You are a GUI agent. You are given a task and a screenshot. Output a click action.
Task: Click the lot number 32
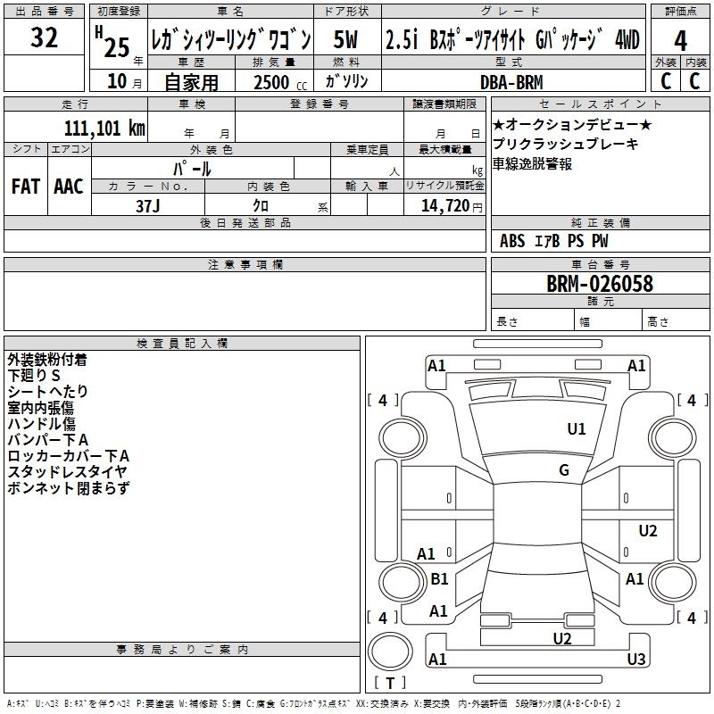pos(44,37)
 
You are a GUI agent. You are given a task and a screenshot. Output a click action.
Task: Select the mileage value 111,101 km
pos(104,128)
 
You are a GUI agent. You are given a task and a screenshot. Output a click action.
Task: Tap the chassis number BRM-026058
pos(599,284)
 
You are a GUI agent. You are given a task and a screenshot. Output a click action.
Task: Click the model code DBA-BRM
pos(511,82)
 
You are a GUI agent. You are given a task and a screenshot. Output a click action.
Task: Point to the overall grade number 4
pos(680,41)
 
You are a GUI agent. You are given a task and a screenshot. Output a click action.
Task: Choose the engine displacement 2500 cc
pos(280,82)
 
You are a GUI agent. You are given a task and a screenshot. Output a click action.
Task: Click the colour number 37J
pos(147,206)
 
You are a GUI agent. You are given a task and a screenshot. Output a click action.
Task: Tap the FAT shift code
pos(26,187)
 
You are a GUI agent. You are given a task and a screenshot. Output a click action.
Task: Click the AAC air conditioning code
pos(69,187)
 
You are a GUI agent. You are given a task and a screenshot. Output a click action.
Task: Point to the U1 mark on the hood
pos(576,428)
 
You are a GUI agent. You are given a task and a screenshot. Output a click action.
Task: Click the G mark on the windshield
pos(564,469)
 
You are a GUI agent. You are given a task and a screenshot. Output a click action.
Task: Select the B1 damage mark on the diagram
pos(439,578)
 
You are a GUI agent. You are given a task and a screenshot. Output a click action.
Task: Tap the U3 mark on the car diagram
pos(636,659)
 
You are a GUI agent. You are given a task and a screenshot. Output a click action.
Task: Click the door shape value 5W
pos(345,39)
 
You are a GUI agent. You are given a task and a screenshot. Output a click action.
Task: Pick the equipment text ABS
pos(512,241)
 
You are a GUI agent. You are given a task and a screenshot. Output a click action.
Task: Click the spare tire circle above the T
pos(390,652)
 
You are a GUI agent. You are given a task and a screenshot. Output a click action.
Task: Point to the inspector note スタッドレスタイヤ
pos(67,472)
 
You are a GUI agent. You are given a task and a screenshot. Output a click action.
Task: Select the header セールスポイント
pos(600,104)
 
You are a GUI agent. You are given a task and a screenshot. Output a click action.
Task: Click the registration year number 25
pos(117,48)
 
